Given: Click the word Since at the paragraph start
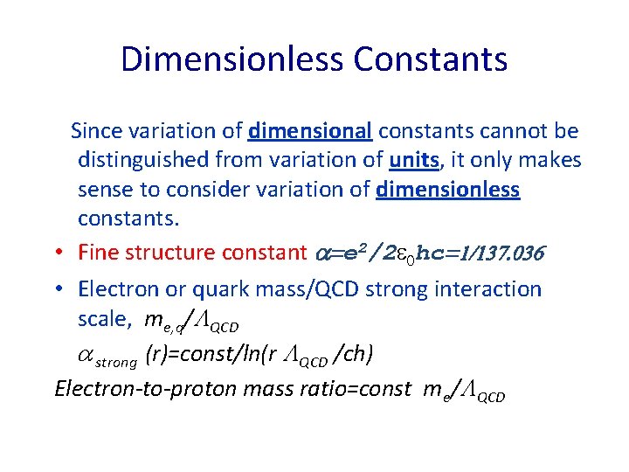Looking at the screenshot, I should click(96, 131).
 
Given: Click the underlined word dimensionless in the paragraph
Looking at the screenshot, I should click(447, 191).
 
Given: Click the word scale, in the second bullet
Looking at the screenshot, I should click(102, 320).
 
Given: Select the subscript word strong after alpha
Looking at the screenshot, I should click(118, 359).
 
